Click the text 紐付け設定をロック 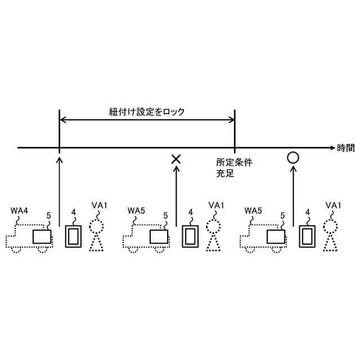[147, 112]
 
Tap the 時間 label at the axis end [346, 148]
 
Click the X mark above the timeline [176, 159]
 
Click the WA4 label [20, 210]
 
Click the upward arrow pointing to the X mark [176, 197]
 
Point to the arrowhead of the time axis [331, 148]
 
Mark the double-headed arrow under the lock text [147, 119]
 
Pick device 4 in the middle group [190, 236]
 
